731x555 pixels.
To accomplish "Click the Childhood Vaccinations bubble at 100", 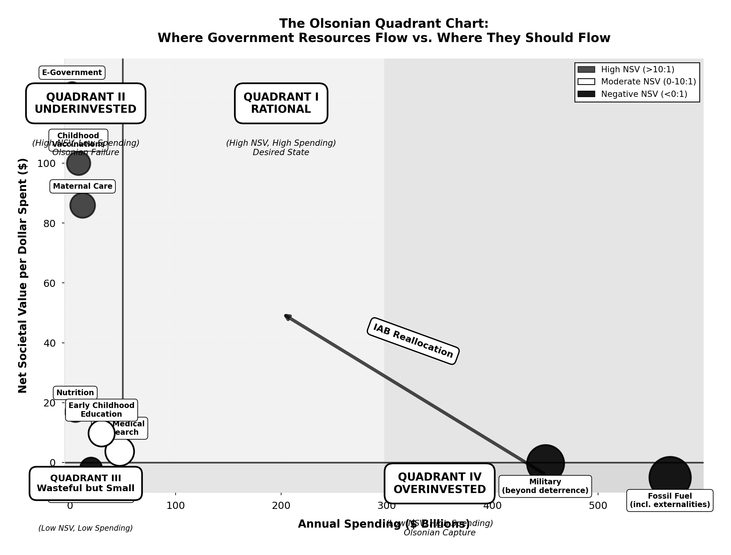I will [x=78, y=163].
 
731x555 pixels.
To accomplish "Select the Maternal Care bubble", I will [x=83, y=206].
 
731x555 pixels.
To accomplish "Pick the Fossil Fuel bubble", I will [x=670, y=477].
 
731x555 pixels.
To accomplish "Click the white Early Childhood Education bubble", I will [x=101, y=433].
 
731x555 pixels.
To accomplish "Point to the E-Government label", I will [x=72, y=73].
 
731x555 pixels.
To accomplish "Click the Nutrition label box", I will [x=75, y=393].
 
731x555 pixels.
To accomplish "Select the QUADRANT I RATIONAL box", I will [x=281, y=103].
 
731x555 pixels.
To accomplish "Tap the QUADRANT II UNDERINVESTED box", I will [x=86, y=103].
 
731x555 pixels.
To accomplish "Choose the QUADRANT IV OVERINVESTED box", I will [x=440, y=483].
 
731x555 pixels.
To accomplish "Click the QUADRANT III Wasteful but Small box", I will [x=86, y=483].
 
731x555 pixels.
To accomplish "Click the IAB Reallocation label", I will [x=413, y=341].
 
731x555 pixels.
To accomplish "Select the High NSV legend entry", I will [x=637, y=69].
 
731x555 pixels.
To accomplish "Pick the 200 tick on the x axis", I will [x=281, y=506].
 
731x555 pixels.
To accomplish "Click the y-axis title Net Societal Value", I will [x=22, y=276].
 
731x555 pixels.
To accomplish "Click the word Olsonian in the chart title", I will [x=340, y=24].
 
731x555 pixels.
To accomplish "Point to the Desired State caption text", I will [x=281, y=152].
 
